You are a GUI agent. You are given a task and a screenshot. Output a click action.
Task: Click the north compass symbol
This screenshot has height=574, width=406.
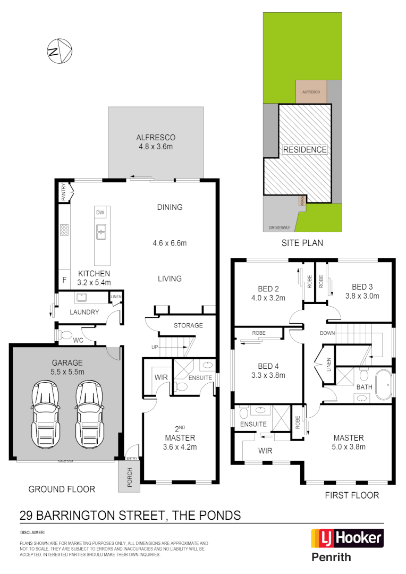59,52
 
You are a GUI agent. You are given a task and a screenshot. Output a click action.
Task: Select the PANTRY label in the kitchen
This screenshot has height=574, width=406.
64,192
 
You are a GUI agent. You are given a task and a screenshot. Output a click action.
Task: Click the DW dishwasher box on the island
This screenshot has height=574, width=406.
100,213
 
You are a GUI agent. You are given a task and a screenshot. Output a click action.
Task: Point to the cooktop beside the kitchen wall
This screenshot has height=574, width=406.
64,230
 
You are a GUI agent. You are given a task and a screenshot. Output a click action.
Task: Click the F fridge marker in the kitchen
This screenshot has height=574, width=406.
64,280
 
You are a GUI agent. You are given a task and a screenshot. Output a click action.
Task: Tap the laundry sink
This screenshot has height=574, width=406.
82,297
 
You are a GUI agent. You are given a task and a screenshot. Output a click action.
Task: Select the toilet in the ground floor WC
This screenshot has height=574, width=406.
66,335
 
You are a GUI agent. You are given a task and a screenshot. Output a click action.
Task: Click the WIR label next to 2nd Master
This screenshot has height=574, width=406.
161,377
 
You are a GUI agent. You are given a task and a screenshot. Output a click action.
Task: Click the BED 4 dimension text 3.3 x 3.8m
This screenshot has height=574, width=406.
268,375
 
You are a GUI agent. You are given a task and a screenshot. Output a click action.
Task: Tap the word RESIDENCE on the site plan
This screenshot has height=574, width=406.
304,149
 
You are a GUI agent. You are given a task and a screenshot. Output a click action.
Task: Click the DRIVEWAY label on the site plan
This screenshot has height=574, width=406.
279,227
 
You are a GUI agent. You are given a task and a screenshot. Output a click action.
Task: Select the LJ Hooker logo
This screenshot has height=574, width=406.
346,538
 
